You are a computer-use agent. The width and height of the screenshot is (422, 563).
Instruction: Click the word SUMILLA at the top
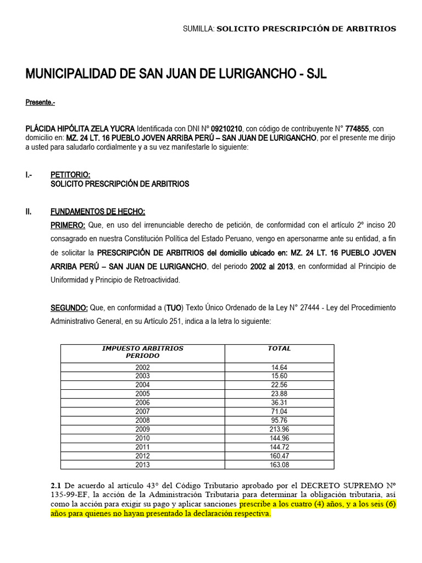[198, 29]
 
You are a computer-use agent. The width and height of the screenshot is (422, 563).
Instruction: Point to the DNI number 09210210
[226, 128]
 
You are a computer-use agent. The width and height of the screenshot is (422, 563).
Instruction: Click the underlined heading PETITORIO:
[70, 175]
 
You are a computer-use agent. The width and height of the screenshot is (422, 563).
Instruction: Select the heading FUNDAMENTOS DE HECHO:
[98, 212]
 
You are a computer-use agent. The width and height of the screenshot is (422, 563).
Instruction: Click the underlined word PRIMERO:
[68, 225]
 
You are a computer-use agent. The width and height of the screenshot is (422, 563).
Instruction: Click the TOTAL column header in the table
[279, 349]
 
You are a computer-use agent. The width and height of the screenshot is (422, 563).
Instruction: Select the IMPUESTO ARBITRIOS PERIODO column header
[142, 352]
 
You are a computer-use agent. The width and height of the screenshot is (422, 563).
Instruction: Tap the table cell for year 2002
[142, 367]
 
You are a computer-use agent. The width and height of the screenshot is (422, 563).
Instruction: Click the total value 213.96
[279, 429]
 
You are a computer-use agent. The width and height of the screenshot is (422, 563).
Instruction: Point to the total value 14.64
[279, 367]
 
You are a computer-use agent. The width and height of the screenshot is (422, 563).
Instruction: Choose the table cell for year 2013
[142, 464]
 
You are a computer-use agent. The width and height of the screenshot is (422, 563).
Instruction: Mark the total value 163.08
[279, 464]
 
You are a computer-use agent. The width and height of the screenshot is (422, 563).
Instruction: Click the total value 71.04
[279, 411]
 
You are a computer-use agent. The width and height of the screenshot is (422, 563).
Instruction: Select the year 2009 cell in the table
[142, 429]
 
